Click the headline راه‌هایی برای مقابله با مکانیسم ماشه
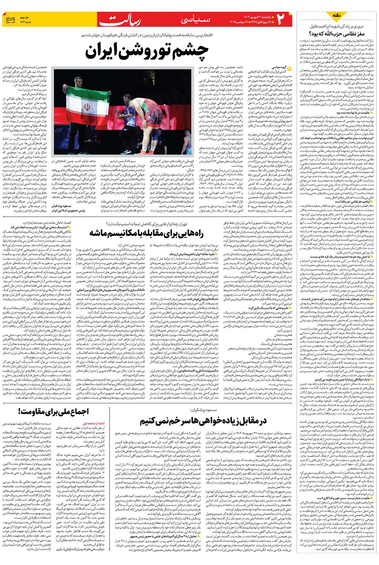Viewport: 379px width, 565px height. tap(146, 233)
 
